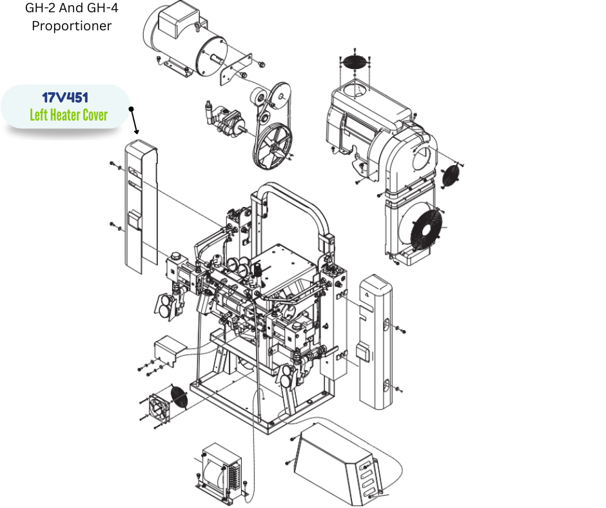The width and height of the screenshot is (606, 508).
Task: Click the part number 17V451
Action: coord(65,97)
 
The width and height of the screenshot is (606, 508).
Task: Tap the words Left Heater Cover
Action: coord(69,115)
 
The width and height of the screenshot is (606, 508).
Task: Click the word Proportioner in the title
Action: coord(72,26)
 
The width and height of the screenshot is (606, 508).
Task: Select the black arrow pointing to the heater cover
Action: coord(134,121)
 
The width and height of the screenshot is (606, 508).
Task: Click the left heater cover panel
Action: coord(141,207)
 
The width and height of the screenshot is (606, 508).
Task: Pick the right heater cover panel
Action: coord(376,342)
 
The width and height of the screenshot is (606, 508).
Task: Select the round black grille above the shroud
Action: coord(354,62)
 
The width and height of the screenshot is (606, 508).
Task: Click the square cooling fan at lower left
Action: coord(159,409)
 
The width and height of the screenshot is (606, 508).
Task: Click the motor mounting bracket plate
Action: coord(235,70)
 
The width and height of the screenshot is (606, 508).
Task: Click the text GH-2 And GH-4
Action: coord(72,8)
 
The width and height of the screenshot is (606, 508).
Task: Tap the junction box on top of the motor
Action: coord(178,19)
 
